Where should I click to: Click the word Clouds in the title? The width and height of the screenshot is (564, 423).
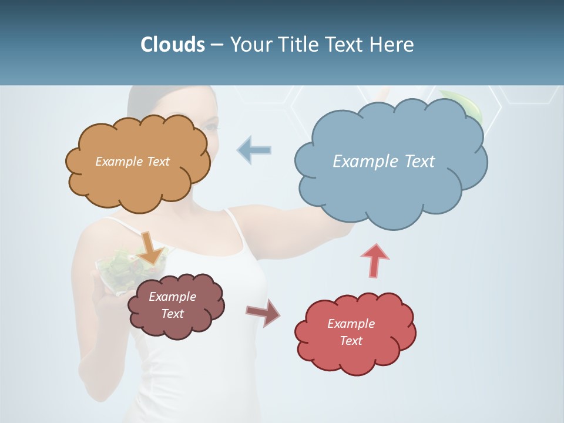172,45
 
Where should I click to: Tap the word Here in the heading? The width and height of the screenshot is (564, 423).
394,45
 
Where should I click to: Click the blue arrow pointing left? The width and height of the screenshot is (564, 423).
254,149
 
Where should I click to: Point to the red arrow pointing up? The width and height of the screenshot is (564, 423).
375,260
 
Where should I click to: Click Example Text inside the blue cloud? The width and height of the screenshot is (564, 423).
384,161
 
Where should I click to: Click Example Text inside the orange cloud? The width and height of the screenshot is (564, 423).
132,161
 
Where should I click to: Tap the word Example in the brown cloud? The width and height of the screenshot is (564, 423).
172,297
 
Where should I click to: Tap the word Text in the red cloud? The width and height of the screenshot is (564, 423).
351,341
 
